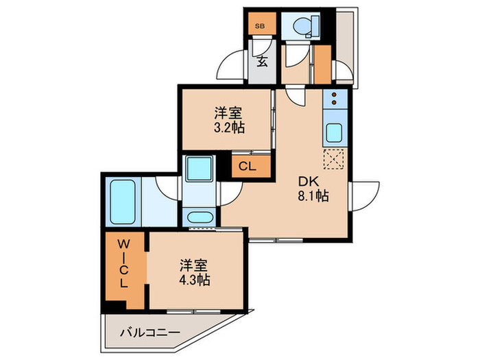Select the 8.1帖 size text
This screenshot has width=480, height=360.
313,196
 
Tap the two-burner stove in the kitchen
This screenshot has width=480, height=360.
335,100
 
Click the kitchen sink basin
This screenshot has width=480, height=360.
335,133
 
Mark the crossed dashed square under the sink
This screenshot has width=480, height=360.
334,160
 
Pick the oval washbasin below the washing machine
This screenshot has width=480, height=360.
200,219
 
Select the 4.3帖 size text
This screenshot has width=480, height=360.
195,280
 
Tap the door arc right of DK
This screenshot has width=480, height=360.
363,193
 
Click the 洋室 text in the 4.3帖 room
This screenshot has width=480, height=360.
195,264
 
